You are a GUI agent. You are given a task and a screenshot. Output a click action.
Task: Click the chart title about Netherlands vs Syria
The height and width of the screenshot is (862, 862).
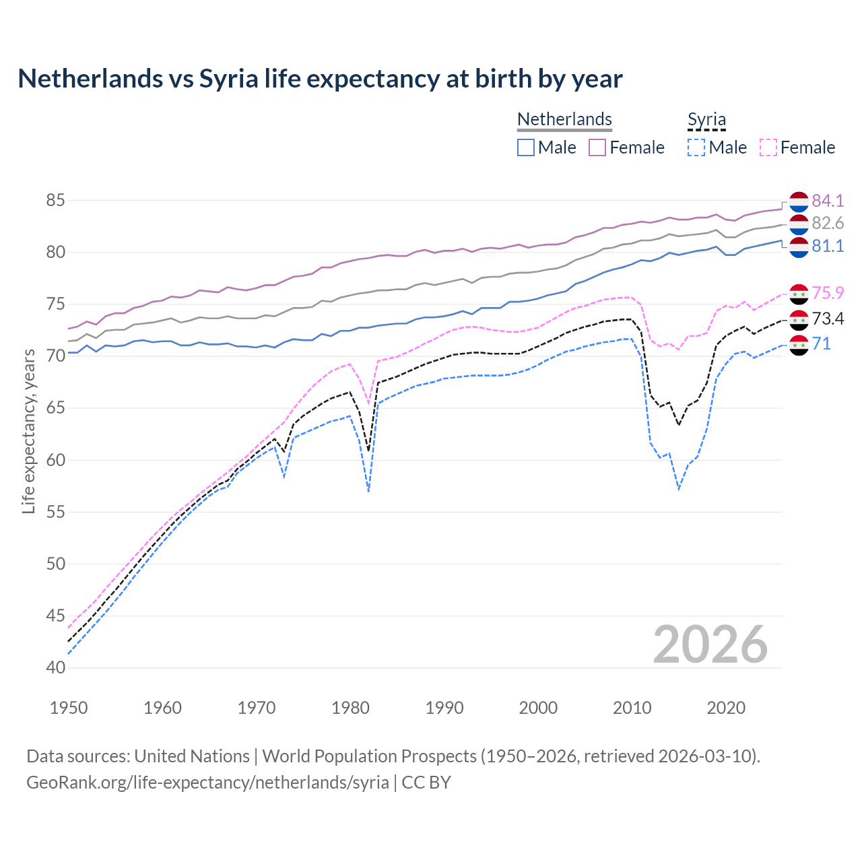320,79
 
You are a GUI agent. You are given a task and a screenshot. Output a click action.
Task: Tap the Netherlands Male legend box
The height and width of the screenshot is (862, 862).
526,147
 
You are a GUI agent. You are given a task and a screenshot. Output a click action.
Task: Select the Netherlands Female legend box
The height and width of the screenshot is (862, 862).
597,147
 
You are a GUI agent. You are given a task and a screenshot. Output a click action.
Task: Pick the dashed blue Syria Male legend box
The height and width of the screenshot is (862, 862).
696,147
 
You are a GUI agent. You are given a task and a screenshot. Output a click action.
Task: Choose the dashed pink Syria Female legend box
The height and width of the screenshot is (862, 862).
768,147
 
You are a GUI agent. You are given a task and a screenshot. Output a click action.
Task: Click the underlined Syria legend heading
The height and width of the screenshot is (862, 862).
706,120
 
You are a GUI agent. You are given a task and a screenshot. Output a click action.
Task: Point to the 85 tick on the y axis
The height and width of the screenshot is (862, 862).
56,200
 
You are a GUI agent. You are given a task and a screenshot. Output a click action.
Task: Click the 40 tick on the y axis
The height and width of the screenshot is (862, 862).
56,668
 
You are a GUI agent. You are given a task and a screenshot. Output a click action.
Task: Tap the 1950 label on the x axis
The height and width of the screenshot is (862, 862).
69,708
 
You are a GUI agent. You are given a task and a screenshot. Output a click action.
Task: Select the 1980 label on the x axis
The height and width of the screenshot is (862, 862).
350,708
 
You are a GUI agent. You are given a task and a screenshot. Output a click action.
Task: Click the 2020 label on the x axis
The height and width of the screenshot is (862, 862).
726,708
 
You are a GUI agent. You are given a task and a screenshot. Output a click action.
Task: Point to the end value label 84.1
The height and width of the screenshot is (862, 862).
828,201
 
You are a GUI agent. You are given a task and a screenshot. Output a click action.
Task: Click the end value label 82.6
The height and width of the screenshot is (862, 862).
828,223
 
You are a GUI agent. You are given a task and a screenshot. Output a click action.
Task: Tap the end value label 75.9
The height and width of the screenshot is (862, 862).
828,293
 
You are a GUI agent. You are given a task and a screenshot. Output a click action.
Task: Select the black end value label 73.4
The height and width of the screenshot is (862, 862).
828,319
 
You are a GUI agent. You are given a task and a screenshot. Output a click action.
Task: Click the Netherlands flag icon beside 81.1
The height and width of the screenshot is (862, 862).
799,246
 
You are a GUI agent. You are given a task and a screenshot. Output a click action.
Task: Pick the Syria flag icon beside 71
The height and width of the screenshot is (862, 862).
799,345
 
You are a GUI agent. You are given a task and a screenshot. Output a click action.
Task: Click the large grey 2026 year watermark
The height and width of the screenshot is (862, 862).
710,644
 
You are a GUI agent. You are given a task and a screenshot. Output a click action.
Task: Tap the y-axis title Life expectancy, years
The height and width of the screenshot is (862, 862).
28,431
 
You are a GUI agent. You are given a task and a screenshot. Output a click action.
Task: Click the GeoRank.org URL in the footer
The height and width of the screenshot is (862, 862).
207,783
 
